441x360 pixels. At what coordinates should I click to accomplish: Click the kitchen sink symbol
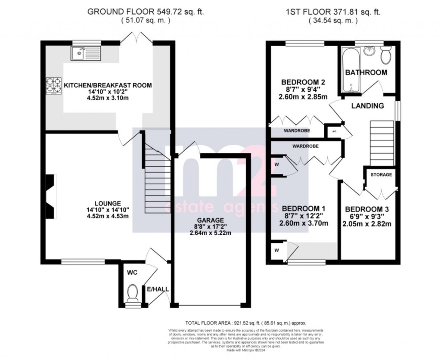pos(85,54)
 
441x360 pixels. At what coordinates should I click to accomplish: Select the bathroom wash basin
pos(369,51)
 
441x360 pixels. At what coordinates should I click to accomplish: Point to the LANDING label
pos(367,106)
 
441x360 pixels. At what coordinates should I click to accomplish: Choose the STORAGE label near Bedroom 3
pos(381,175)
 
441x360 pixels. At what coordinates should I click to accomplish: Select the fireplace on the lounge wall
pos(50,196)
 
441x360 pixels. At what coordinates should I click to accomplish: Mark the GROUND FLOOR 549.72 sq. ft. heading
pos(145,12)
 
